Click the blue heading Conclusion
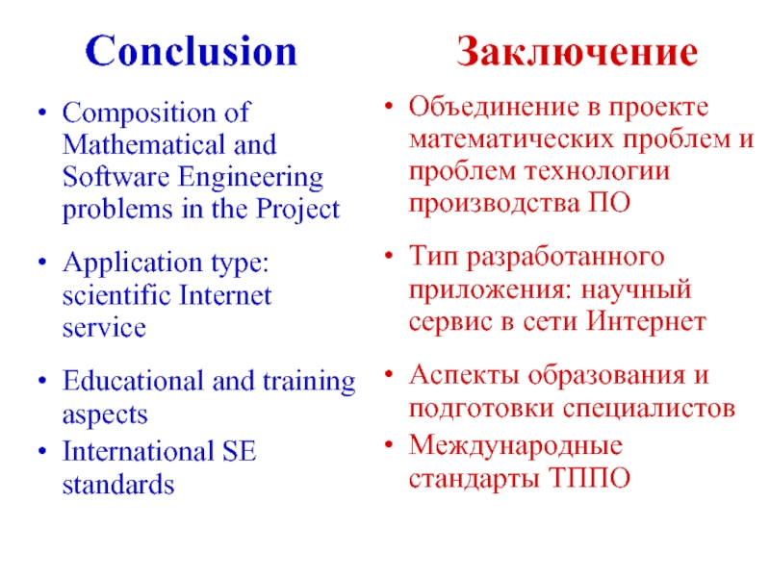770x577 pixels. click(x=192, y=51)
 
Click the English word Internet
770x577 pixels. click(x=226, y=295)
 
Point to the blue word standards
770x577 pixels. click(x=118, y=484)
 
